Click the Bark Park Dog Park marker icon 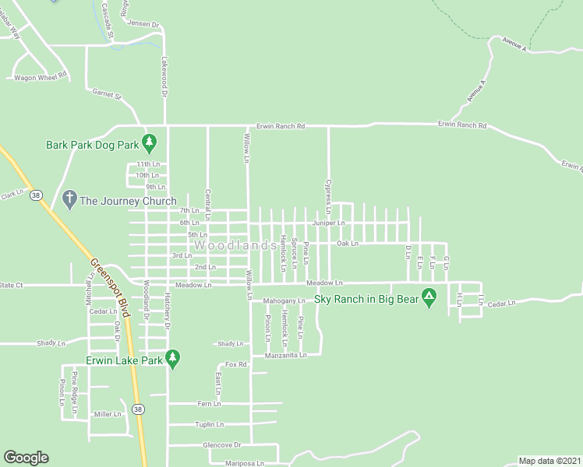pyautogui.click(x=152, y=144)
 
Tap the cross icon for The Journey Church pyautogui.click(x=69, y=200)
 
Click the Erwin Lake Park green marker pyautogui.click(x=173, y=360)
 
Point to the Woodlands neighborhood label pyautogui.click(x=235, y=245)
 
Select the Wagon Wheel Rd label pyautogui.click(x=41, y=77)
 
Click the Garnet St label pyautogui.click(x=108, y=95)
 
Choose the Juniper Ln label pyautogui.click(x=329, y=223)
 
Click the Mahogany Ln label pyautogui.click(x=284, y=300)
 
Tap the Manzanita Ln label pyautogui.click(x=286, y=355)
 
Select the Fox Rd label pyautogui.click(x=236, y=364)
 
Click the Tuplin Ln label pyautogui.click(x=209, y=424)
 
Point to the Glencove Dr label pyautogui.click(x=221, y=444)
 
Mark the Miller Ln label pyautogui.click(x=108, y=414)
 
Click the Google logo pyautogui.click(x=26, y=458)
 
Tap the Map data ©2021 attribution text pyautogui.click(x=549, y=461)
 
